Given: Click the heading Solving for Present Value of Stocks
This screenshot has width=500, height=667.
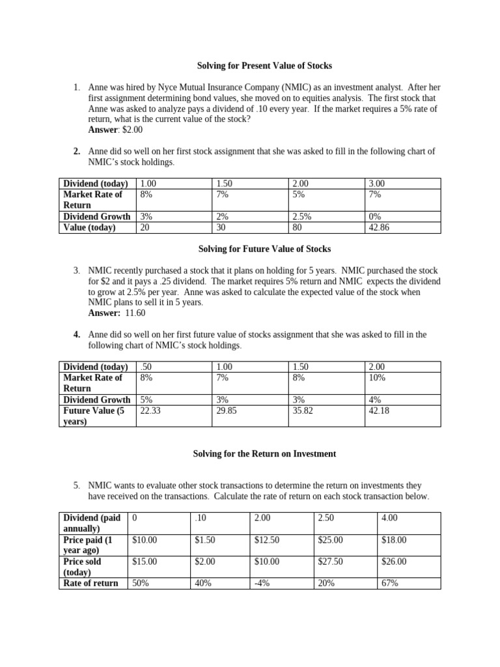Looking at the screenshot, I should tap(264, 66).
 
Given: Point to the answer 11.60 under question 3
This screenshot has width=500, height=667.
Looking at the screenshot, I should tap(135, 313).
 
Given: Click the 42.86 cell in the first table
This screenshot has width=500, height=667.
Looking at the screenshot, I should tap(379, 228).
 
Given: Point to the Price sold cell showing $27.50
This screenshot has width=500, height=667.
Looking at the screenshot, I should tap(329, 561).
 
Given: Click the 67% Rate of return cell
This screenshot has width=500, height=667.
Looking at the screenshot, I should tap(389, 584).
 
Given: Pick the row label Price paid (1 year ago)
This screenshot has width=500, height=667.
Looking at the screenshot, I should tap(92, 545).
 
